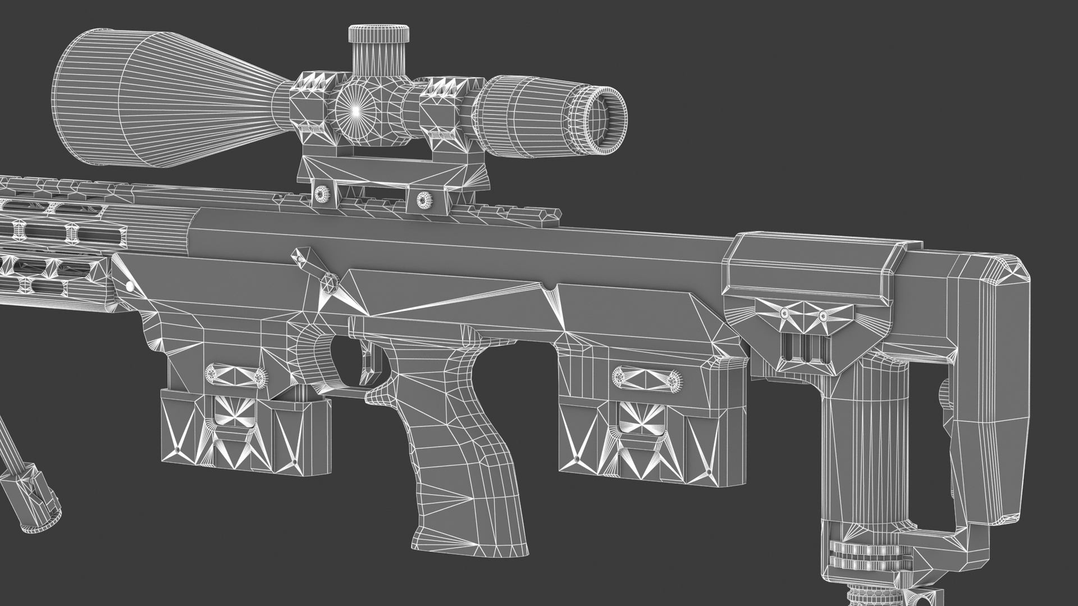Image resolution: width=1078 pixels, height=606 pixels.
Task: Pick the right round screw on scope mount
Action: tap(422, 199)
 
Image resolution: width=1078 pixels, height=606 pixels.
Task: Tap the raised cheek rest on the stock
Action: tap(814, 264)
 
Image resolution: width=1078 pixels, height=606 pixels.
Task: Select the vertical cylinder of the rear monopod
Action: tap(865, 449)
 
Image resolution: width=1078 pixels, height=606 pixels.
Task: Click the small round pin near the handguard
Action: tap(130, 286)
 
